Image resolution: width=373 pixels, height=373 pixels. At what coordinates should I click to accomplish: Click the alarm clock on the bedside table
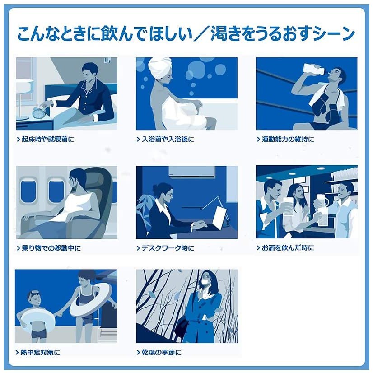[37, 113]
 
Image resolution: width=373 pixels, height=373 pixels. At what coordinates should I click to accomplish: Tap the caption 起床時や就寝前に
[48, 139]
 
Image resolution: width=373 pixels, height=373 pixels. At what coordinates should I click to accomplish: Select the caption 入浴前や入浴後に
[168, 139]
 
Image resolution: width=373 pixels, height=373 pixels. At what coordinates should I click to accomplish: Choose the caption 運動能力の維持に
[288, 139]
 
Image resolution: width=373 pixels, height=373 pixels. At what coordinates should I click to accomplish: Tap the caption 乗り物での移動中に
[51, 248]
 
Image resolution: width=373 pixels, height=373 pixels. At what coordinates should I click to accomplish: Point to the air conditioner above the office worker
[191, 171]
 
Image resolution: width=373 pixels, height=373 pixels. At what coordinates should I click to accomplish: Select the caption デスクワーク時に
[168, 248]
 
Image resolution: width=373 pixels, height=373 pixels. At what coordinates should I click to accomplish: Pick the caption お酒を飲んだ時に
[288, 248]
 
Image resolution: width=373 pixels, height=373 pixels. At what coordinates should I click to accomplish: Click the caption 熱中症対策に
[41, 352]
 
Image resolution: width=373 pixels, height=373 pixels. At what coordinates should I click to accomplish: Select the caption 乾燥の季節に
[162, 352]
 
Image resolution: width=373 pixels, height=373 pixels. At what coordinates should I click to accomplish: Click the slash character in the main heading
[201, 34]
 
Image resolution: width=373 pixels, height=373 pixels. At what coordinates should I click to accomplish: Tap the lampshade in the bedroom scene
[25, 85]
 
